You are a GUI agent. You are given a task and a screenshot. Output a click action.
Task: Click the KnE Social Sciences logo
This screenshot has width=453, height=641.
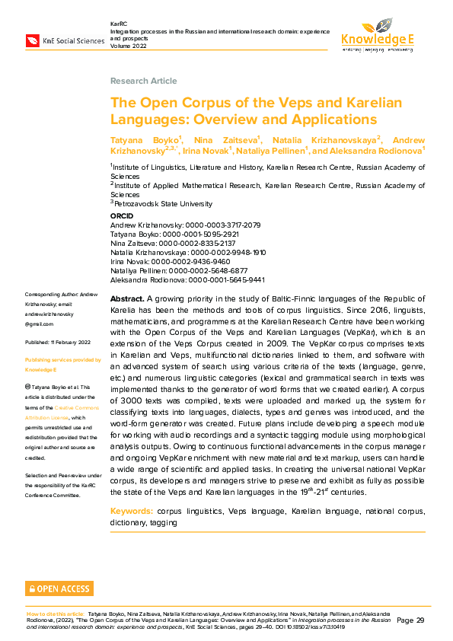pyautogui.click(x=65, y=40)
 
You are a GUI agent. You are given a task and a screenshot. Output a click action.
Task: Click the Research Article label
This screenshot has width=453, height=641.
pyautogui.click(x=143, y=81)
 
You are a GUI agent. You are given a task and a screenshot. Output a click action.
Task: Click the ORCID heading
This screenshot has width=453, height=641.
pyautogui.click(x=122, y=217)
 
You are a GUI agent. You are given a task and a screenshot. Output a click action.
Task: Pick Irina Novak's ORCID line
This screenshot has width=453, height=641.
pyautogui.click(x=170, y=261)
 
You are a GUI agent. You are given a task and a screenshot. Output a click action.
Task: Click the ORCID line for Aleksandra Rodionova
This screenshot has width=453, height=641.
pyautogui.click(x=187, y=279)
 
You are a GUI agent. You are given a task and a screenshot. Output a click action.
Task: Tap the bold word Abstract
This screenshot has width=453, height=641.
pyautogui.click(x=126, y=298)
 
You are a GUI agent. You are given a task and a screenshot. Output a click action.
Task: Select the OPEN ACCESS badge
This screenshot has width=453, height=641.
pyautogui.click(x=59, y=588)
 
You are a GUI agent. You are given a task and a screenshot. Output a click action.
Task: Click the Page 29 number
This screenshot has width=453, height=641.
pyautogui.click(x=410, y=620)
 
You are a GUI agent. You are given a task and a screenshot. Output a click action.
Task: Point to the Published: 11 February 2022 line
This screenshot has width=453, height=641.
pyautogui.click(x=59, y=343)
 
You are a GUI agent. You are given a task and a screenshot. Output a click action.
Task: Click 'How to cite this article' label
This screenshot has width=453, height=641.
pyautogui.click(x=56, y=613)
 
